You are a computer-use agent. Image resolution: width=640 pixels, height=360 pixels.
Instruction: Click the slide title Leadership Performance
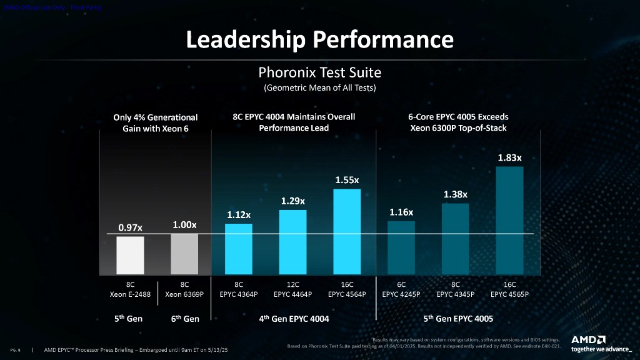click(319, 39)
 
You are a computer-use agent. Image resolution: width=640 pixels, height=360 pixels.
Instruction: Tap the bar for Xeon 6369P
click(184, 254)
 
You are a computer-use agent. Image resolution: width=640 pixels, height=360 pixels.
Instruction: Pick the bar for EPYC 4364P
click(238, 249)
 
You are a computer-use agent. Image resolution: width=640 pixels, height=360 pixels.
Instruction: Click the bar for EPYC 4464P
click(292, 242)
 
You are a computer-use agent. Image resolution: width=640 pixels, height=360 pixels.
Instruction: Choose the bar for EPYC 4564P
click(347, 231)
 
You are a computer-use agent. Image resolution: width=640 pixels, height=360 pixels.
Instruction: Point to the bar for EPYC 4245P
click(401, 247)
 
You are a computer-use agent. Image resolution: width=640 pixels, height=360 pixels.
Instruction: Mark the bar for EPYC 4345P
click(455, 239)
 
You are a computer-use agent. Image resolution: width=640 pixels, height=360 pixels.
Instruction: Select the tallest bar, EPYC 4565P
click(509, 220)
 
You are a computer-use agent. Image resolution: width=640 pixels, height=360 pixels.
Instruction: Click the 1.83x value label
click(509, 158)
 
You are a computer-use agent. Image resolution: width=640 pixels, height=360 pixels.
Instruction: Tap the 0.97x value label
click(131, 228)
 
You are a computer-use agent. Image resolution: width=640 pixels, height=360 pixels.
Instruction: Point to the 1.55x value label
click(347, 180)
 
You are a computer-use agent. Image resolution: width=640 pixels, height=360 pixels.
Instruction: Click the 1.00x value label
click(184, 224)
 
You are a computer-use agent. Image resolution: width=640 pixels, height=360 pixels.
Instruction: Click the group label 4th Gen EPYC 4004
click(294, 319)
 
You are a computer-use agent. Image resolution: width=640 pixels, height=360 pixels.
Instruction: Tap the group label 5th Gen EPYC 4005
click(458, 319)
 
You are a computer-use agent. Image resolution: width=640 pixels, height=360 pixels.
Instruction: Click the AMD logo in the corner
click(588, 339)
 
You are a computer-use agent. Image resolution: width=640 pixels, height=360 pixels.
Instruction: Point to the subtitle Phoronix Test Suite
click(319, 72)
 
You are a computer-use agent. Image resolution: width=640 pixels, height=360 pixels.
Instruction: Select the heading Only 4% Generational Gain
click(156, 122)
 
